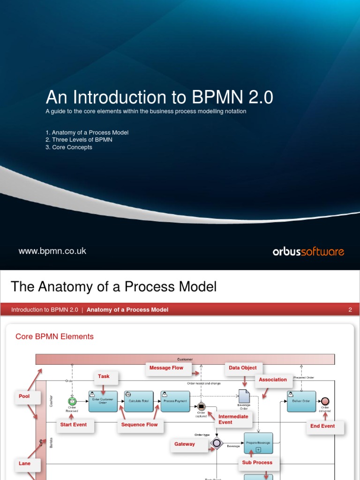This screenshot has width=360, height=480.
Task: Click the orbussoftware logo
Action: click(x=308, y=252)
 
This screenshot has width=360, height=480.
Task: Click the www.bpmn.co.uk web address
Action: click(x=52, y=251)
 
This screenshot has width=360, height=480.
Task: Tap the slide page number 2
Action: click(x=350, y=310)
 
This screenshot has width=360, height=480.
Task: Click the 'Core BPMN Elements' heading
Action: click(x=54, y=337)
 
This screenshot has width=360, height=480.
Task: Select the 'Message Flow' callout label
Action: click(x=166, y=368)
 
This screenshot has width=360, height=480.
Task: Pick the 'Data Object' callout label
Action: click(x=243, y=368)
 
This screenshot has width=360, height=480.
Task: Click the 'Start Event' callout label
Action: click(x=74, y=425)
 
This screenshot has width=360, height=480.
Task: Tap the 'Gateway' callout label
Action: click(x=185, y=444)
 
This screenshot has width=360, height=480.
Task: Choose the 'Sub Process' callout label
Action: click(x=257, y=462)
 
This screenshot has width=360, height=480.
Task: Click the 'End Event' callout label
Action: click(x=322, y=426)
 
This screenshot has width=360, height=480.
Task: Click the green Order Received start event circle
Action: click(x=72, y=401)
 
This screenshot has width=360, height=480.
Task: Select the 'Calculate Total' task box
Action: click(x=139, y=401)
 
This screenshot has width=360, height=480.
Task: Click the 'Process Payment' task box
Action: click(x=175, y=401)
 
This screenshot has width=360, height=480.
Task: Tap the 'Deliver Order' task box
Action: click(x=301, y=401)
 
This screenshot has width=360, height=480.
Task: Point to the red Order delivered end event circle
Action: click(x=325, y=401)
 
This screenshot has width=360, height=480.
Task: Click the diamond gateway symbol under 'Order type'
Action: click(x=216, y=443)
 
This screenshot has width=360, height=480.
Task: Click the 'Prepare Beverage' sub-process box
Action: click(x=258, y=443)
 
